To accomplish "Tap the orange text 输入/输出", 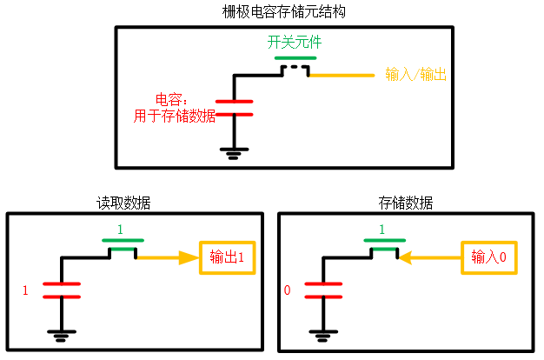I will point(415,76).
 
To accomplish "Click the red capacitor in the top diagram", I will point(234,108).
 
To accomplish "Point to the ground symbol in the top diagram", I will point(234,153).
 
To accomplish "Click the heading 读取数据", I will point(123,203).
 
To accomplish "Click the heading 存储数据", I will point(406,203).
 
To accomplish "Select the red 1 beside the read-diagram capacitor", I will point(25,290).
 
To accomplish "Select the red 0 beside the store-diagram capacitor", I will point(287,290).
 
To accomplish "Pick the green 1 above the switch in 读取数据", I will point(121,229).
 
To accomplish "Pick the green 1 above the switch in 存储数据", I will point(381,229).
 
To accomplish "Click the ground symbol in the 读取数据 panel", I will point(61,334).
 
